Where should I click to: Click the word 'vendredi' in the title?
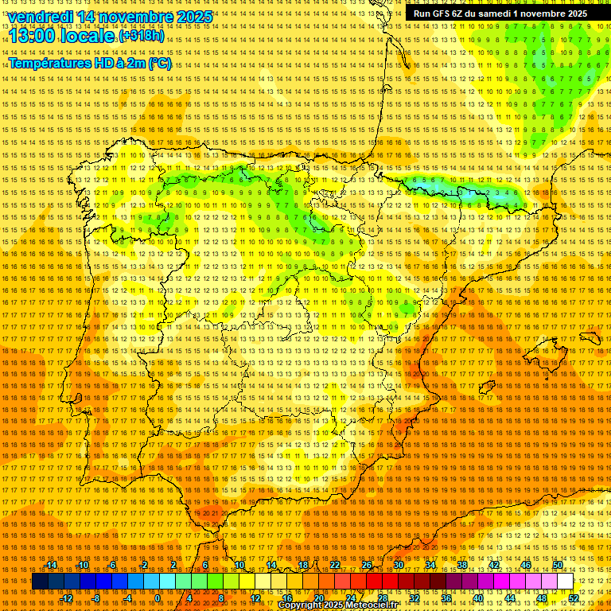point(39,17)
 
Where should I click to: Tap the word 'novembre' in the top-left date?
point(126,17)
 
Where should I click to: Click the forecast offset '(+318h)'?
point(142,37)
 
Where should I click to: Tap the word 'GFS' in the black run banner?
point(438,14)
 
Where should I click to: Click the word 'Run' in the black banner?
point(421,14)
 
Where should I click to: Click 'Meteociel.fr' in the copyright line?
point(366,605)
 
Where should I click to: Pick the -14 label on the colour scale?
point(52,565)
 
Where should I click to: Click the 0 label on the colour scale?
point(158,598)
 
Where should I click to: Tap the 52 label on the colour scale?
point(574,598)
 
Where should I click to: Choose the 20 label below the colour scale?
point(318,598)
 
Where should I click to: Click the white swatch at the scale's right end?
point(565,582)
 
